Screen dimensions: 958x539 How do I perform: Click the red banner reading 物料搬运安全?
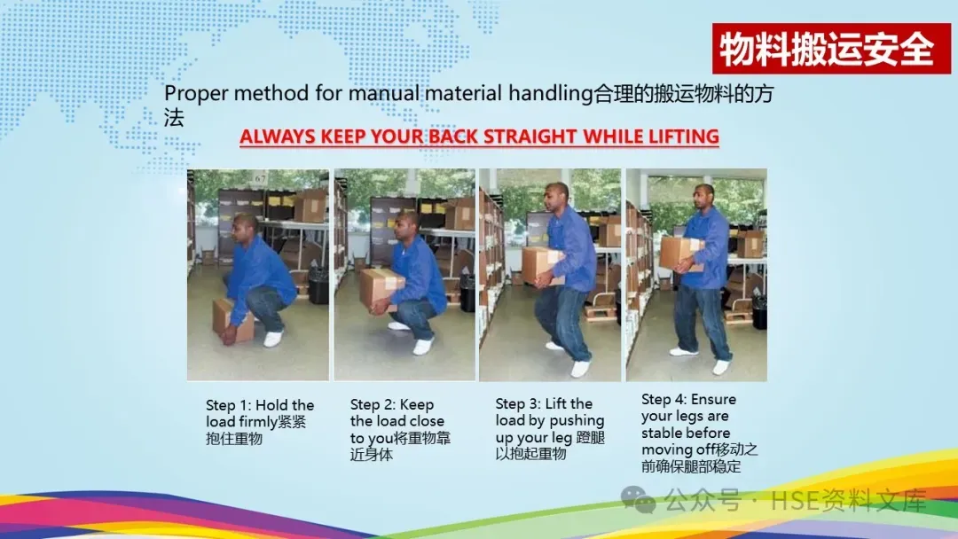831,49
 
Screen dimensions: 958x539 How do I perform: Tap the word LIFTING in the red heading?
683,137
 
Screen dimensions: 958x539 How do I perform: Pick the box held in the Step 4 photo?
680,254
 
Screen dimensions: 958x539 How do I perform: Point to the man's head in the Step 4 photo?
703,198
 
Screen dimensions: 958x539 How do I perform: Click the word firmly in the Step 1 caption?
257,422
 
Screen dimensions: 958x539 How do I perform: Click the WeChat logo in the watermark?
638,500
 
